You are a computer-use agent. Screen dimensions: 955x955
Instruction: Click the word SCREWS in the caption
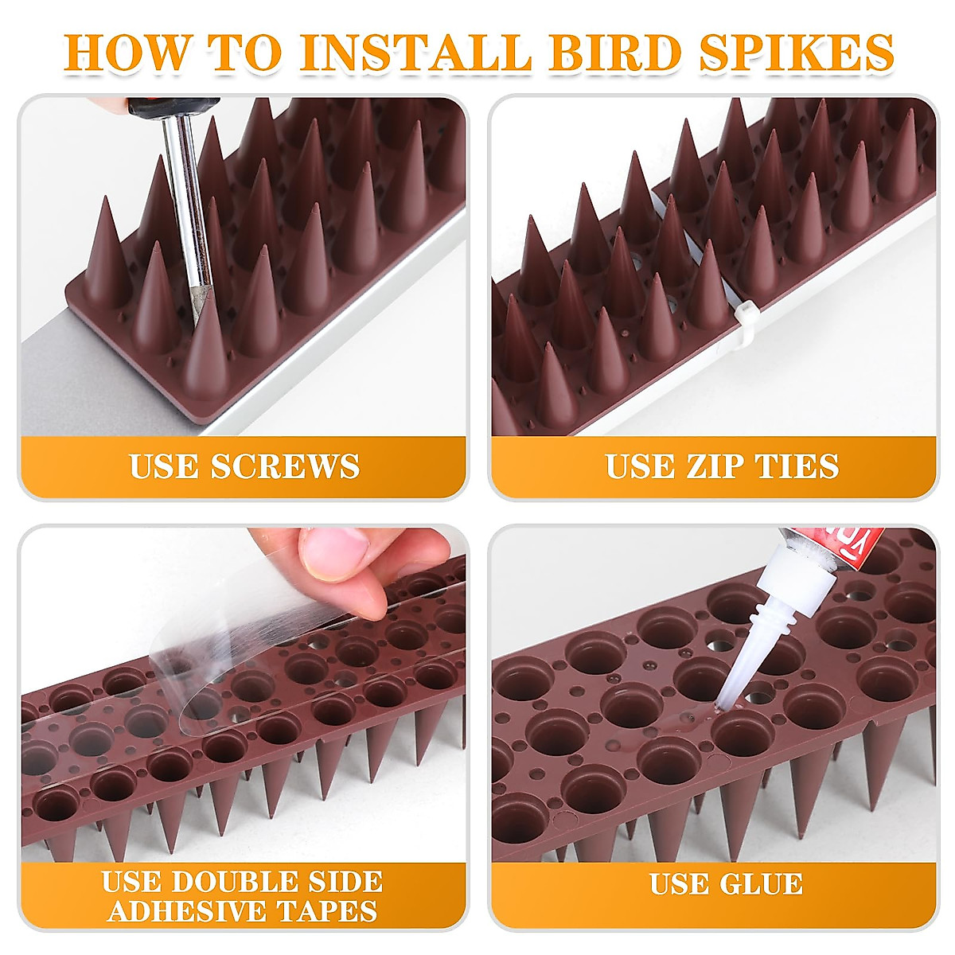(286, 466)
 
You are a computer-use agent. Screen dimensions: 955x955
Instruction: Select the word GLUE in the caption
(763, 884)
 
